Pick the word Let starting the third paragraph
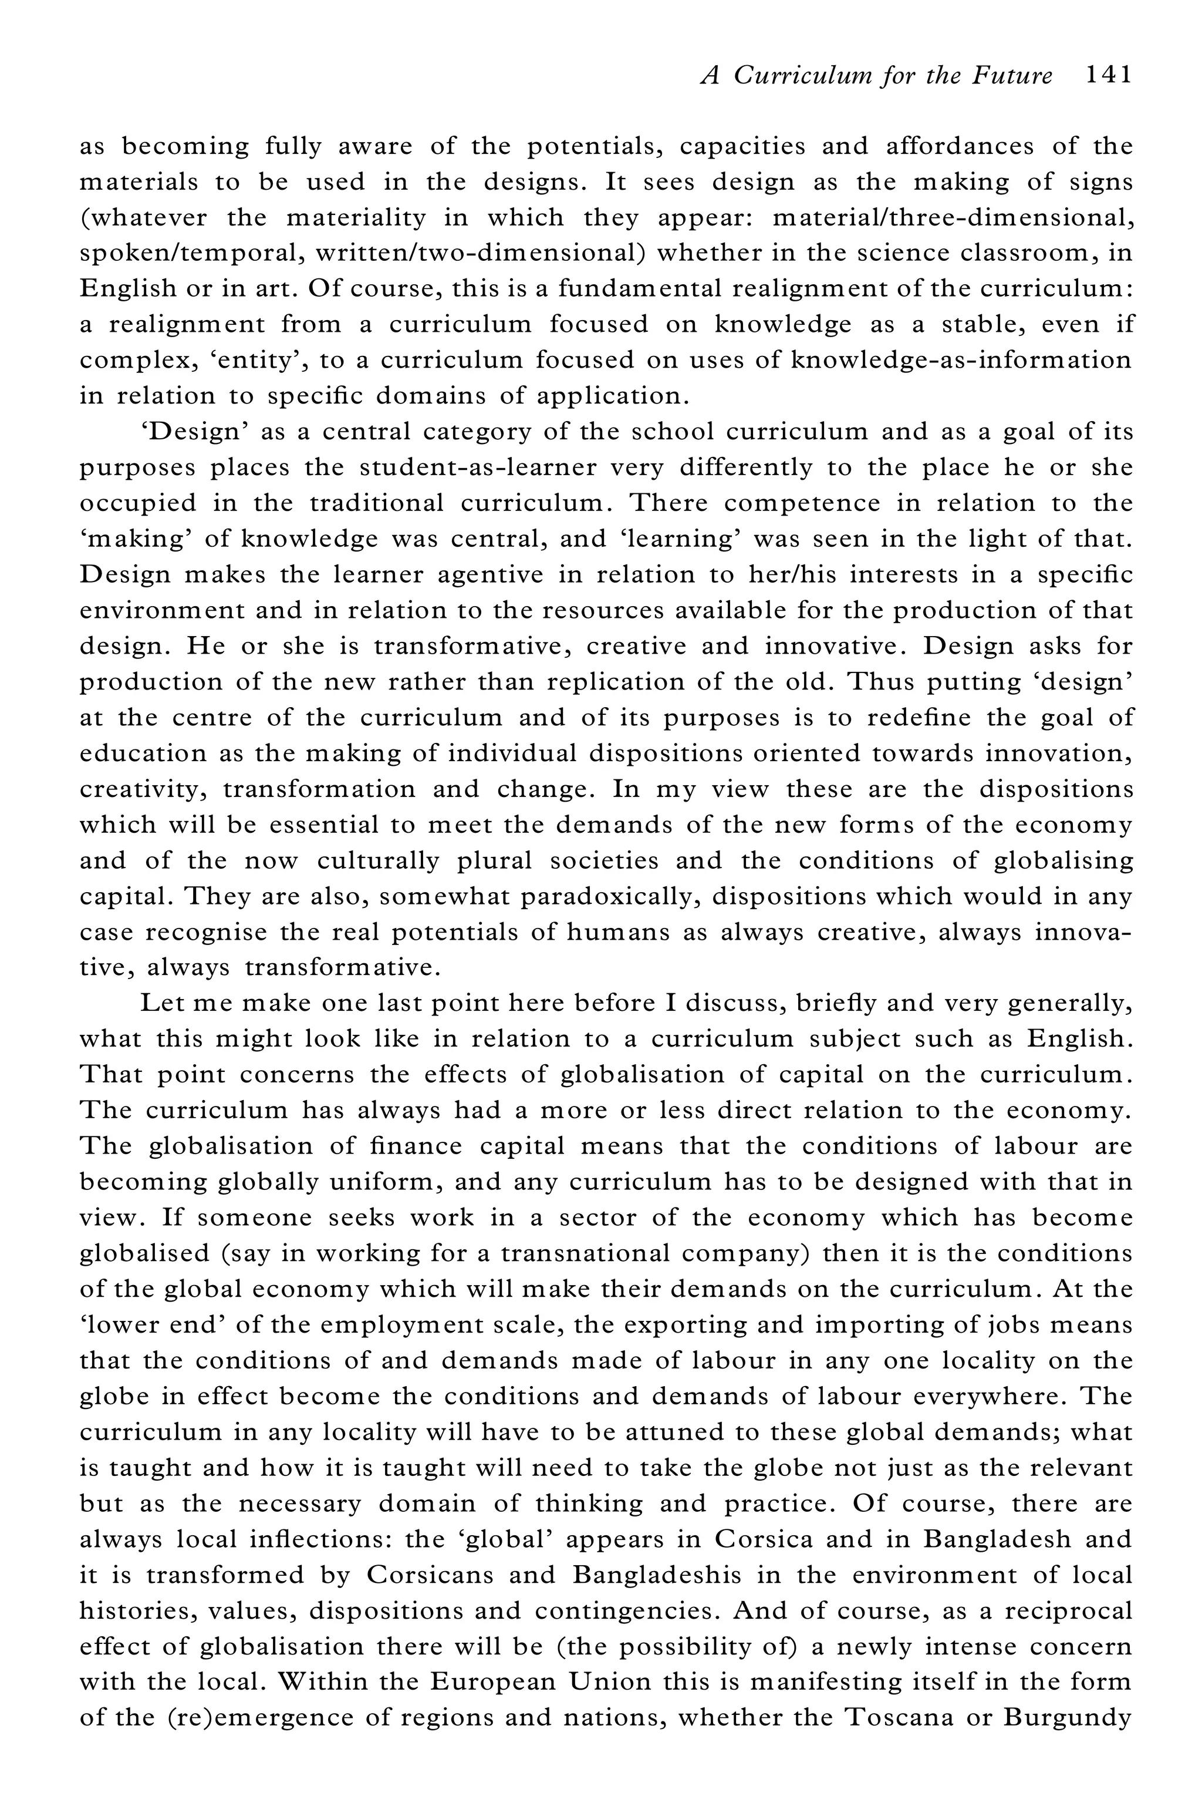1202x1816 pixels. click(x=161, y=1003)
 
